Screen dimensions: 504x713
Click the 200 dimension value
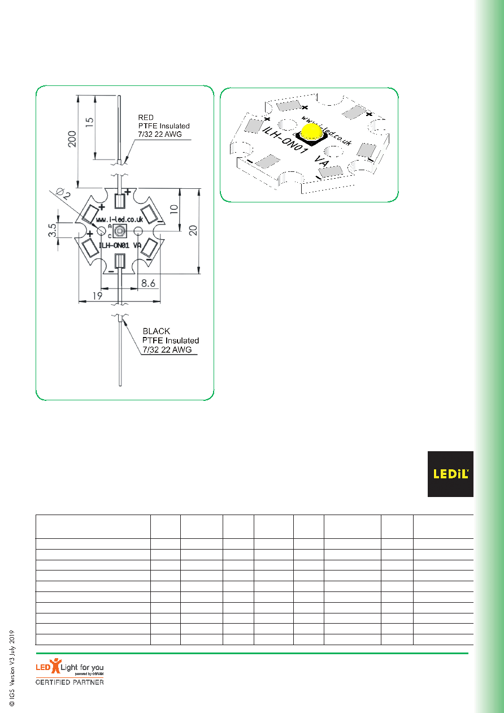click(x=72, y=139)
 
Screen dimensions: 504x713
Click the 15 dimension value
click(x=90, y=122)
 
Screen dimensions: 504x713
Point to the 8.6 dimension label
click(x=148, y=283)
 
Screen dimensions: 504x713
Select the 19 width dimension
click(x=97, y=296)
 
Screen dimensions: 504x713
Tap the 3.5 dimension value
click(x=53, y=230)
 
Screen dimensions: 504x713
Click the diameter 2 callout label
click(x=63, y=193)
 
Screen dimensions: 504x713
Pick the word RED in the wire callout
click(x=146, y=118)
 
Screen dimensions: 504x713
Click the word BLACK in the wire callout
click(x=157, y=331)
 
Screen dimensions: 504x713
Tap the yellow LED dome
click(x=312, y=131)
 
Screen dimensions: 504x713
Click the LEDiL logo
click(x=450, y=474)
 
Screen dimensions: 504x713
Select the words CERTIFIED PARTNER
click(x=69, y=682)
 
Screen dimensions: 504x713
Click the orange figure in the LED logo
click(x=56, y=666)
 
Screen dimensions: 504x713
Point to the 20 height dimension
click(x=193, y=230)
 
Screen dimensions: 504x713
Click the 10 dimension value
click(x=173, y=209)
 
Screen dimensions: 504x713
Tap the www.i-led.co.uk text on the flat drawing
click(x=120, y=219)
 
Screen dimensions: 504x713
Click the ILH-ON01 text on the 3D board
click(x=285, y=140)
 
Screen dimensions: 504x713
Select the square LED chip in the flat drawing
click(x=120, y=231)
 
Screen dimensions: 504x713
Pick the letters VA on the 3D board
click(x=322, y=161)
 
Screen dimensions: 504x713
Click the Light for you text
click(x=82, y=667)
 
